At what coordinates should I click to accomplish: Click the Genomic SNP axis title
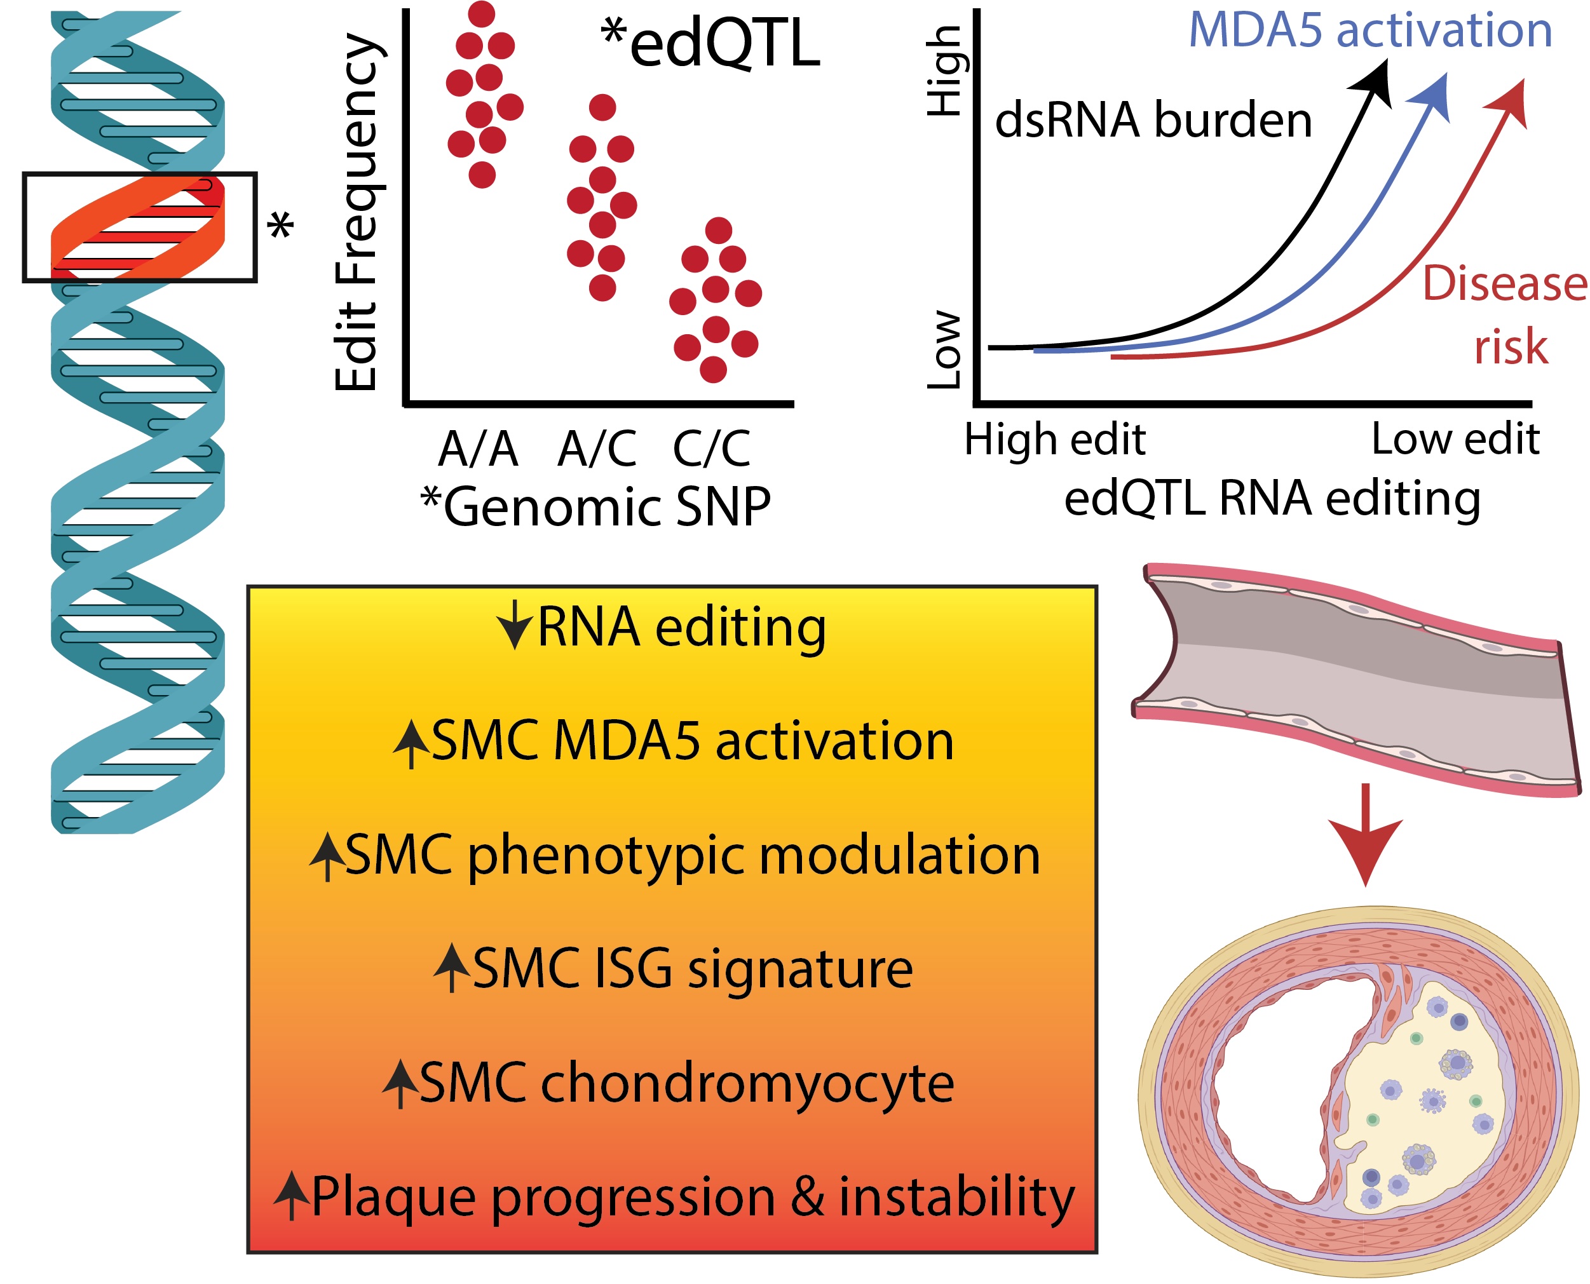coord(596,508)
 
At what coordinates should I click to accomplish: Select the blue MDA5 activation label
coord(1370,30)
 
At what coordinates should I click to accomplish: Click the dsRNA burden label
coord(1153,120)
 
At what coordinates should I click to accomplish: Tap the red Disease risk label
coord(1505,315)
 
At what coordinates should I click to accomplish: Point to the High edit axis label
coord(1055,440)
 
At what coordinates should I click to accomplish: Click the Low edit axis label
coord(1455,440)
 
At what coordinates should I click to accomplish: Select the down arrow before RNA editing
coord(514,626)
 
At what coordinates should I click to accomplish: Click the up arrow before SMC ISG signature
coord(452,968)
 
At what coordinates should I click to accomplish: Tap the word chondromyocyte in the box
coord(747,1085)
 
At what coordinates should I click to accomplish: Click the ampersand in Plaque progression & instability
coord(807,1197)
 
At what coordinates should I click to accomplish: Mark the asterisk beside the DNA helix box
coord(280,225)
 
